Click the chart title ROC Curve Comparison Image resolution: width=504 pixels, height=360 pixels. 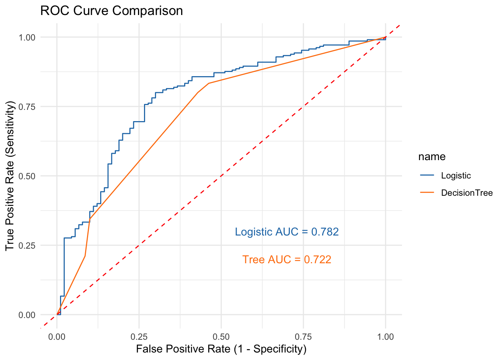point(111,11)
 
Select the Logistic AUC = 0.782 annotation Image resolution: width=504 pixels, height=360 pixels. point(287,232)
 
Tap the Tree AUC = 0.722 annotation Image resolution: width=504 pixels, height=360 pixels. point(287,259)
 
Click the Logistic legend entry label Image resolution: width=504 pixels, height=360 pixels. point(456,175)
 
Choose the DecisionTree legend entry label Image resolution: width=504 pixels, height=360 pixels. point(467,193)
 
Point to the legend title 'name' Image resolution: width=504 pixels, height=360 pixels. point(432,157)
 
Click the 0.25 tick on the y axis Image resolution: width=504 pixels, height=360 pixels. point(27,245)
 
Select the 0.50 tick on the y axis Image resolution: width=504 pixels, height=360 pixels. point(27,176)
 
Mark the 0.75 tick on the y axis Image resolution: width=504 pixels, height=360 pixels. point(27,106)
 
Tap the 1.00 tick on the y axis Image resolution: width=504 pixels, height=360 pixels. point(27,37)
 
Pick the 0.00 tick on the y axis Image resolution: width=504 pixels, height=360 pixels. point(27,315)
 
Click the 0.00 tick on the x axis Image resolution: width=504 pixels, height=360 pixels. point(57,336)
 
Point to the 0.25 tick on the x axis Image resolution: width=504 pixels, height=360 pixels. point(139,336)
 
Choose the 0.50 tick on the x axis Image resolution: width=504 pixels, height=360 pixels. point(221,336)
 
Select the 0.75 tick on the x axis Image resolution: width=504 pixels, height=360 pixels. point(303,336)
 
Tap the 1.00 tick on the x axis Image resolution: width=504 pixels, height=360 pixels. point(385,336)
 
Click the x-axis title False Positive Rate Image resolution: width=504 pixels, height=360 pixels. point(221,349)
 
